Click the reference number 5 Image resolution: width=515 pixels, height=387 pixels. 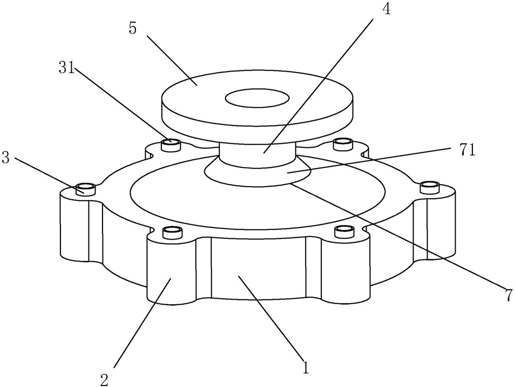tap(133, 29)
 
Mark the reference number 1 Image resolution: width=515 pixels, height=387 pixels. tap(306, 368)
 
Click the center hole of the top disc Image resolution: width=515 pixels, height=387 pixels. tap(257, 98)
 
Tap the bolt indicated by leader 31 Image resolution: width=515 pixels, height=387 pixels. tap(172, 143)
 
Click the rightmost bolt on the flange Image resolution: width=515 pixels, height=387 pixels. tap(430, 187)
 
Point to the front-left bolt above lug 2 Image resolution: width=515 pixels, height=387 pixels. tap(172, 232)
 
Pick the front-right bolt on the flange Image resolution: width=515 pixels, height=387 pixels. tap(344, 231)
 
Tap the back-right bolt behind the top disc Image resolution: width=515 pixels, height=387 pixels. tap(343, 143)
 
